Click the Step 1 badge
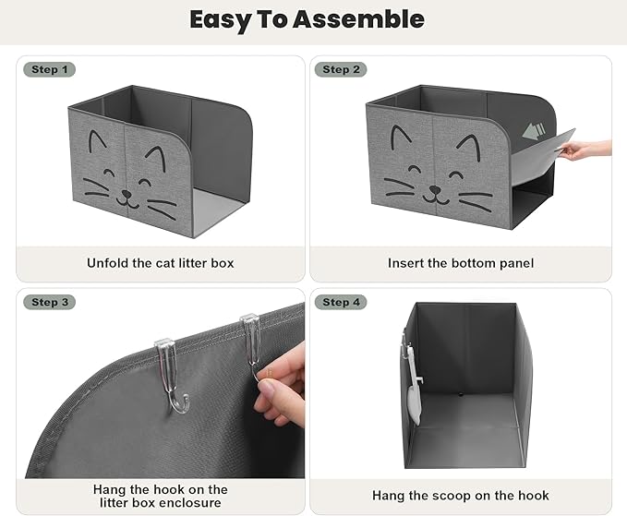pos(50,69)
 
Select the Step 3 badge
pos(50,302)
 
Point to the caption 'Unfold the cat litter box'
pos(161,263)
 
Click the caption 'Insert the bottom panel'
pos(461,263)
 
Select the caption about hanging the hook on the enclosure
pos(161,496)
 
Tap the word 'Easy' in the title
pos(224,19)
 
